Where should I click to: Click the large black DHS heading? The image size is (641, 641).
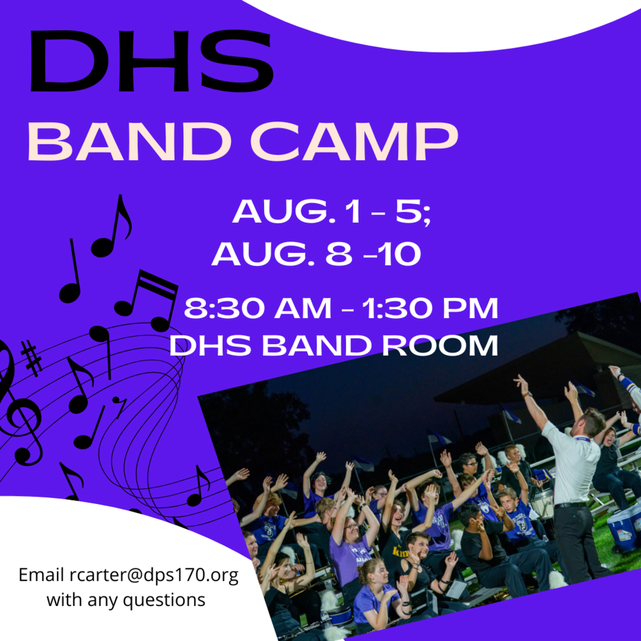(151, 61)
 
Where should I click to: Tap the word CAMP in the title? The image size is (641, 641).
(354, 141)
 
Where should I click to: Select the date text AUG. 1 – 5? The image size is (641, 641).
(332, 212)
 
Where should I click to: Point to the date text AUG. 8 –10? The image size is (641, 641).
(316, 254)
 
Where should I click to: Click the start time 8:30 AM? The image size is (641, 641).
(257, 308)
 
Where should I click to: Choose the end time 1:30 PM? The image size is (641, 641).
(430, 308)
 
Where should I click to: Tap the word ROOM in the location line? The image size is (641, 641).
(440, 346)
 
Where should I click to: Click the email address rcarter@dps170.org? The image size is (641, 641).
(154, 575)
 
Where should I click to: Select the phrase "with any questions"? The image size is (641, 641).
(126, 600)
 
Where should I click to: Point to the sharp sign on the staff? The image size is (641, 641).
(31, 358)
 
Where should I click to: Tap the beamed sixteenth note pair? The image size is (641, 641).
(146, 300)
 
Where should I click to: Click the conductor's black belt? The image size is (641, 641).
(572, 505)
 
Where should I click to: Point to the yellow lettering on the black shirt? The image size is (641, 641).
(401, 552)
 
